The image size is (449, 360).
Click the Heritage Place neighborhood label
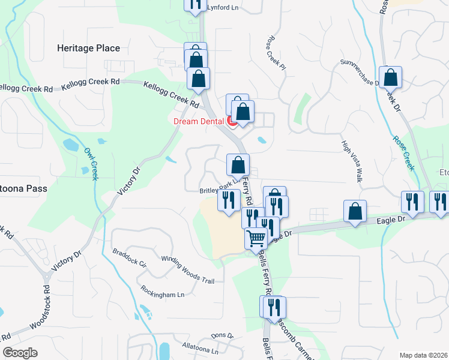coord(88,48)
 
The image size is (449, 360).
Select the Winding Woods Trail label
coord(188,263)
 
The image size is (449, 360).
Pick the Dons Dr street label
coord(221,336)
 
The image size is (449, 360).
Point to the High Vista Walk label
coord(352,161)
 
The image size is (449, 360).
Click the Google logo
coord(20,353)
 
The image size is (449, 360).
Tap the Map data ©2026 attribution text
coord(424,355)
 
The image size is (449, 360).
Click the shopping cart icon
coord(256,238)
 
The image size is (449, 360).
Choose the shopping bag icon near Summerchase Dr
coord(390,77)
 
